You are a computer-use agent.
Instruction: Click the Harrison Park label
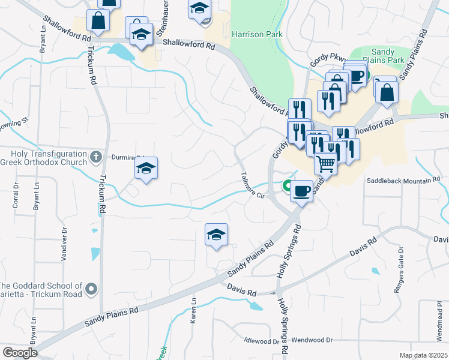257,35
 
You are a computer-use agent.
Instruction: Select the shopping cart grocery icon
325,163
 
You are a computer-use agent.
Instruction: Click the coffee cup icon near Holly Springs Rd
301,191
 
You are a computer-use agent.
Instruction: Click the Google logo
20,353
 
